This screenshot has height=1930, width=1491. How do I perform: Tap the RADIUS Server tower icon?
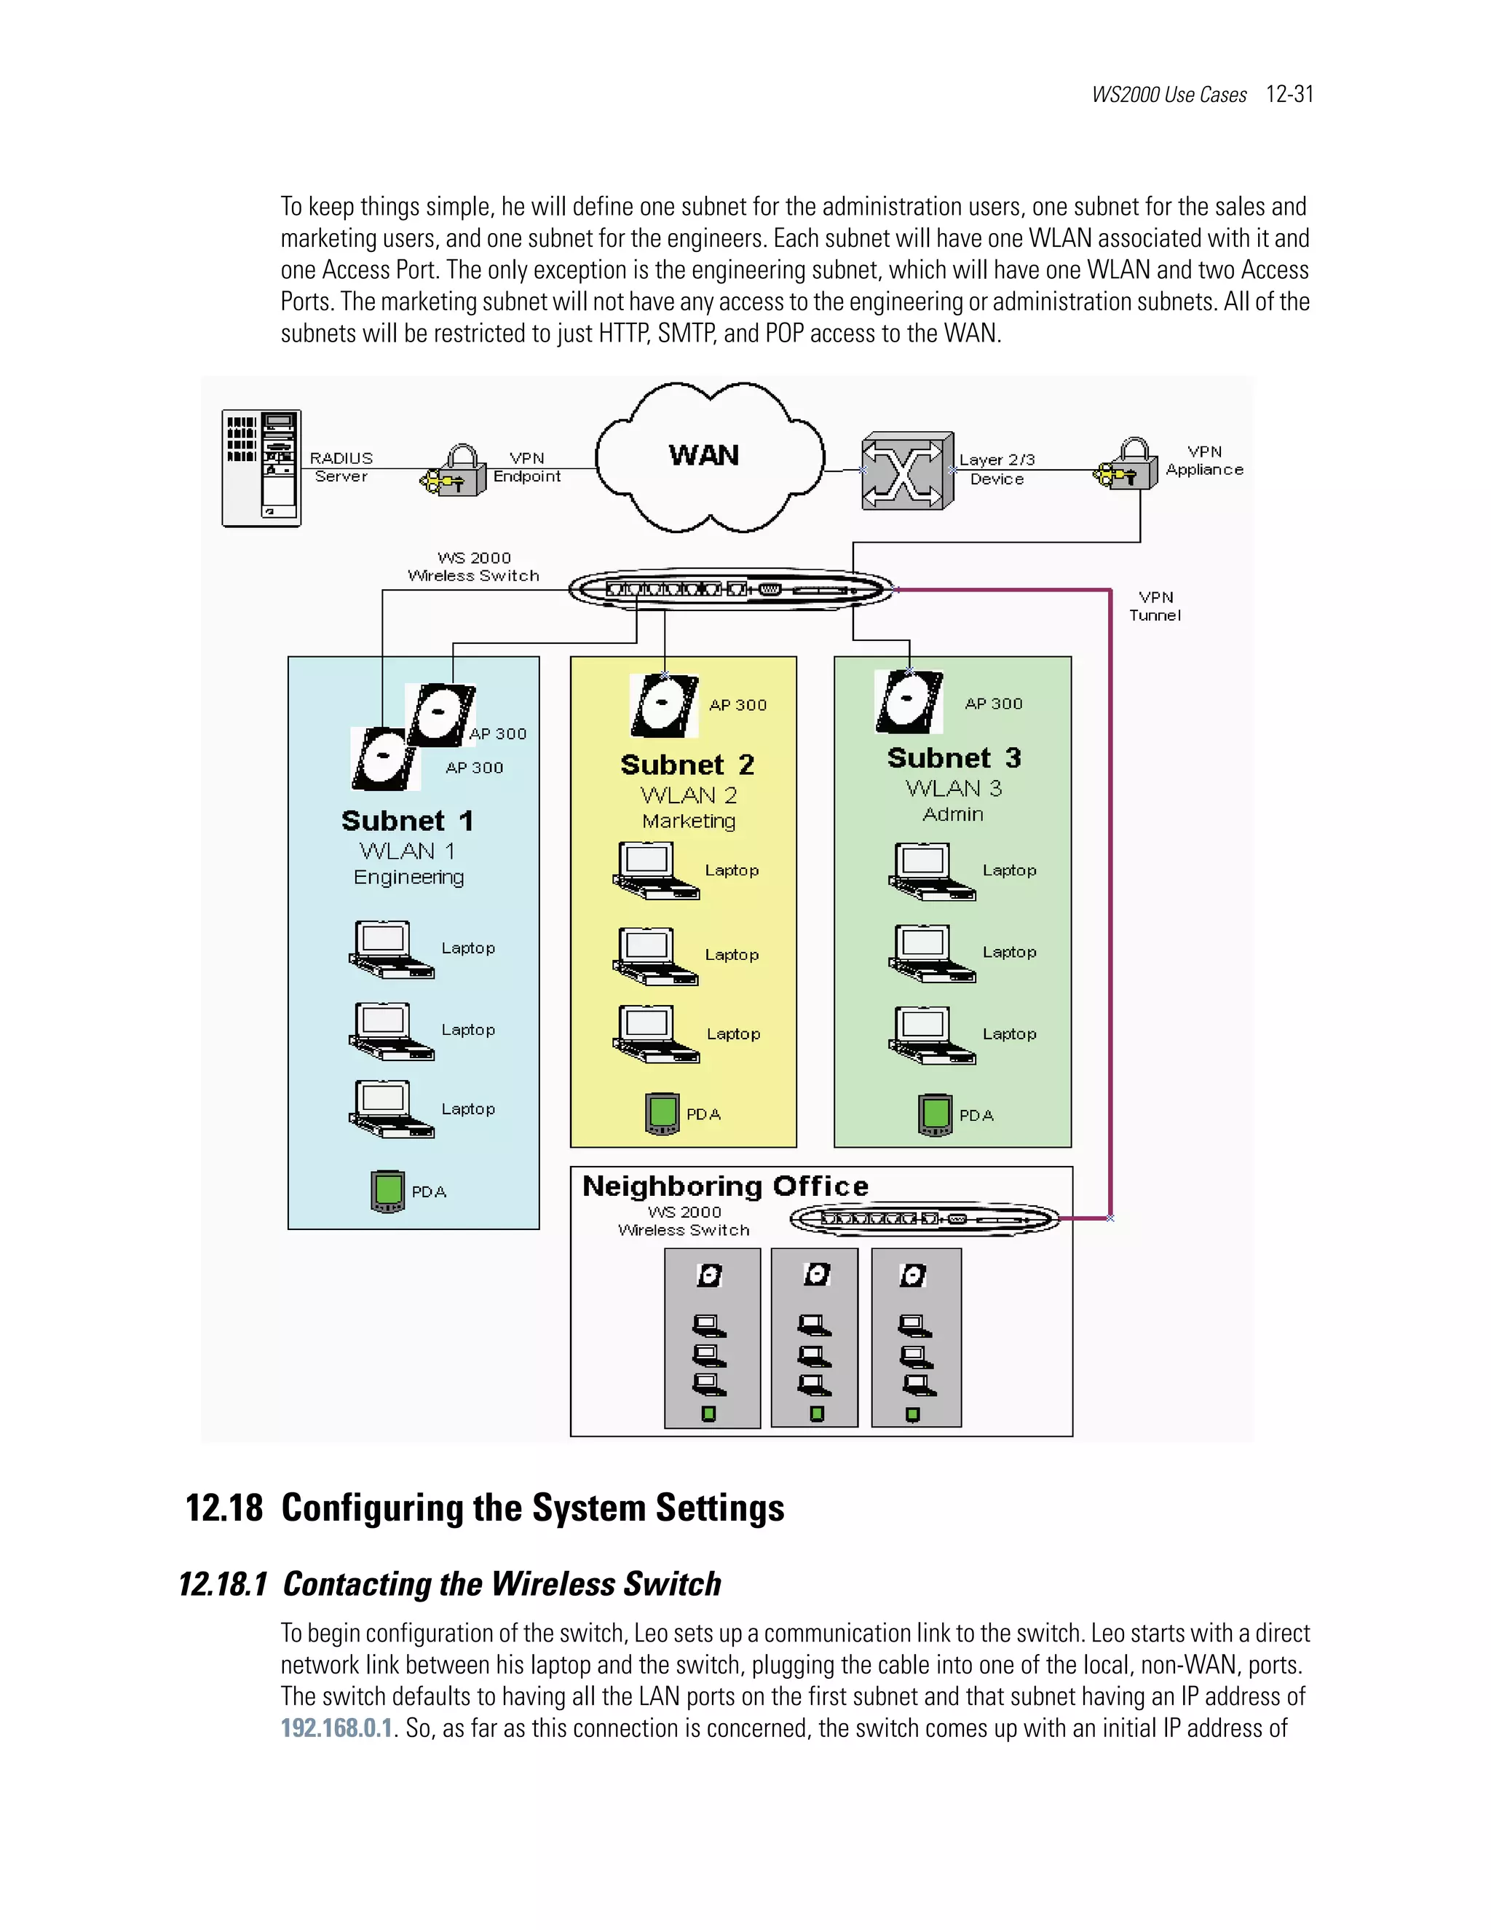pyautogui.click(x=261, y=468)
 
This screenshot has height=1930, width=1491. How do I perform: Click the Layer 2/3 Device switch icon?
pyautogui.click(x=907, y=471)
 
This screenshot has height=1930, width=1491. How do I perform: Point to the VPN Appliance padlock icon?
pyautogui.click(x=1130, y=465)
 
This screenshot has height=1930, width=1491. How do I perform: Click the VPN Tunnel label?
pyautogui.click(x=1155, y=606)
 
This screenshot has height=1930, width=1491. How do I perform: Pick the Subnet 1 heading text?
pyautogui.click(x=407, y=821)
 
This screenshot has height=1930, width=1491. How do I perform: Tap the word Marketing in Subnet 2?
pyautogui.click(x=688, y=821)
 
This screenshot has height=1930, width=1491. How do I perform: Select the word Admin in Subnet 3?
pyautogui.click(x=952, y=814)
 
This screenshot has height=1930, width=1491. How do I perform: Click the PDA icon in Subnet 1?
pyautogui.click(x=388, y=1192)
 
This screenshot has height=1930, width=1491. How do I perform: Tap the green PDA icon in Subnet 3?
pyautogui.click(x=936, y=1114)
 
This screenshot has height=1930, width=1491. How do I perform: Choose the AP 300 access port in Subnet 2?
pyautogui.click(x=664, y=705)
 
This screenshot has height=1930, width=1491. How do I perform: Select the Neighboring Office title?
pyautogui.click(x=725, y=1186)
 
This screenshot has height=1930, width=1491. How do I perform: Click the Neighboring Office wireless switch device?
pyautogui.click(x=924, y=1219)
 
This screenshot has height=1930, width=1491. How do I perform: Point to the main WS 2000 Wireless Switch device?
pyautogui.click(x=729, y=589)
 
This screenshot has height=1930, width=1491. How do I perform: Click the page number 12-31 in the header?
pyautogui.click(x=1289, y=95)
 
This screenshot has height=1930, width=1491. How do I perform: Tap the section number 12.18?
pyautogui.click(x=224, y=1508)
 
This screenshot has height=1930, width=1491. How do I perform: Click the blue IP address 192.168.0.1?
pyautogui.click(x=336, y=1728)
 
